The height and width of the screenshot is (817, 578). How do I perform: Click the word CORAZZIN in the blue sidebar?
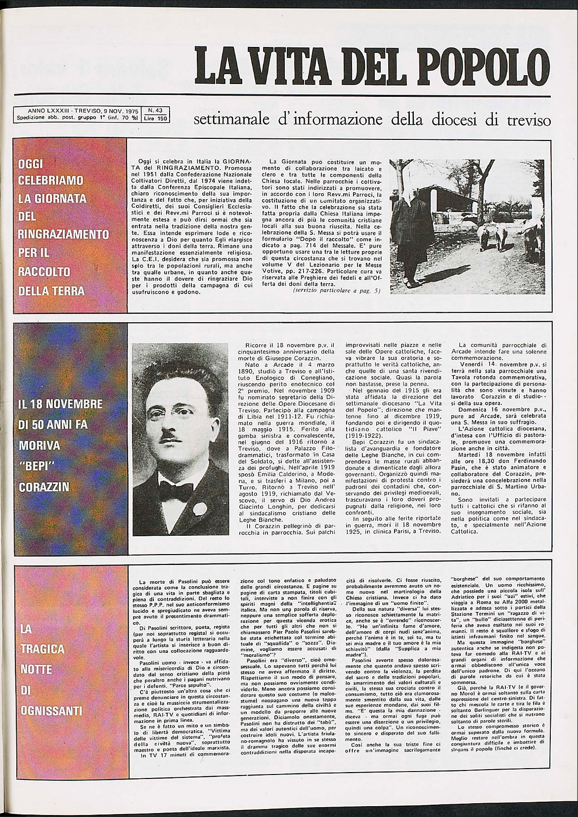(44, 487)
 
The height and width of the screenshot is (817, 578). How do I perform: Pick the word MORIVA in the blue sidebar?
(39, 445)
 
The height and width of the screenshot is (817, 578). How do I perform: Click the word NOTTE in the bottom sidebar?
(37, 670)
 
